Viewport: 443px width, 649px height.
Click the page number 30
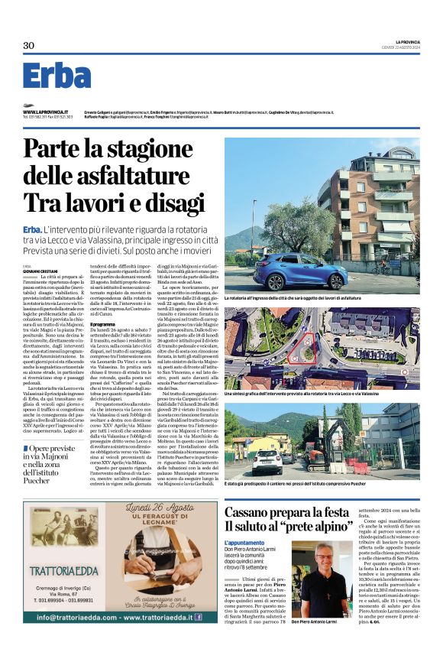tap(29, 46)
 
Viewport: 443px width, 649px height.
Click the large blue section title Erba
tap(57, 76)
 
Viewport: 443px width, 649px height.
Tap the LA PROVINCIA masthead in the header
tap(402, 41)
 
